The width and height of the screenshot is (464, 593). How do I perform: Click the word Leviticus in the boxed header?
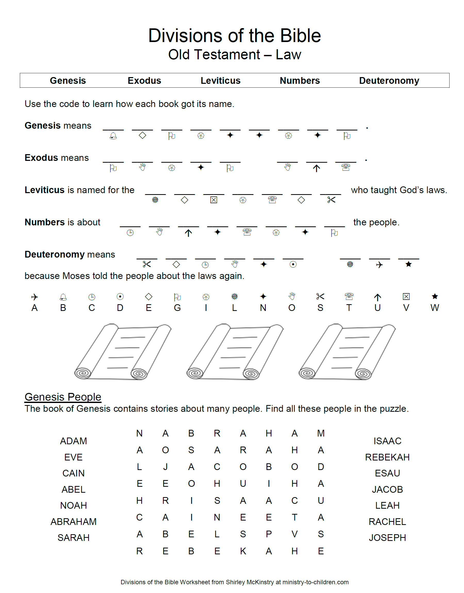220,81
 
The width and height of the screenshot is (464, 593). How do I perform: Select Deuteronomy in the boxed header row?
389,81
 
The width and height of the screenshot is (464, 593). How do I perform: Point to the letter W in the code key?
434,308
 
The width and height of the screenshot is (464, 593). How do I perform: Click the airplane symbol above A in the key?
34,297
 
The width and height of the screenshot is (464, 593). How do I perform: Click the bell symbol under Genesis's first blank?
113,136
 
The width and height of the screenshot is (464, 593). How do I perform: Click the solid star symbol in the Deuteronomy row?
408,264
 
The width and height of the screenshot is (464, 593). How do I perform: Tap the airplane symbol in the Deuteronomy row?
379,265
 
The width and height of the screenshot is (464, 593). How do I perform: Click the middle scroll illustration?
235,352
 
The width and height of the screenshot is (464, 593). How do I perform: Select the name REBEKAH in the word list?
387,457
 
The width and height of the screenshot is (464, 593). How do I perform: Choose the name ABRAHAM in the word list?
73,522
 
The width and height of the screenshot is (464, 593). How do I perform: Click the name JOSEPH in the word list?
387,538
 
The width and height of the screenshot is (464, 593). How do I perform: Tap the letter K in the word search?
243,551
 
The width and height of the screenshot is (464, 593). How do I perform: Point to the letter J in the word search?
165,467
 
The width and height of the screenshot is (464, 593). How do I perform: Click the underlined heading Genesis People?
63,397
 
